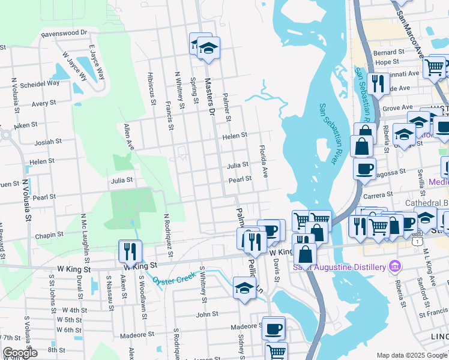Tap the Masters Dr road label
209,96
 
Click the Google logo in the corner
20,353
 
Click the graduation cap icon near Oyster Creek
244,289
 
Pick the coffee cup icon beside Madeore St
274,328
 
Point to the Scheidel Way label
40,83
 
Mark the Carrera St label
377,195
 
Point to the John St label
206,314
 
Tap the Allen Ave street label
128,137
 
